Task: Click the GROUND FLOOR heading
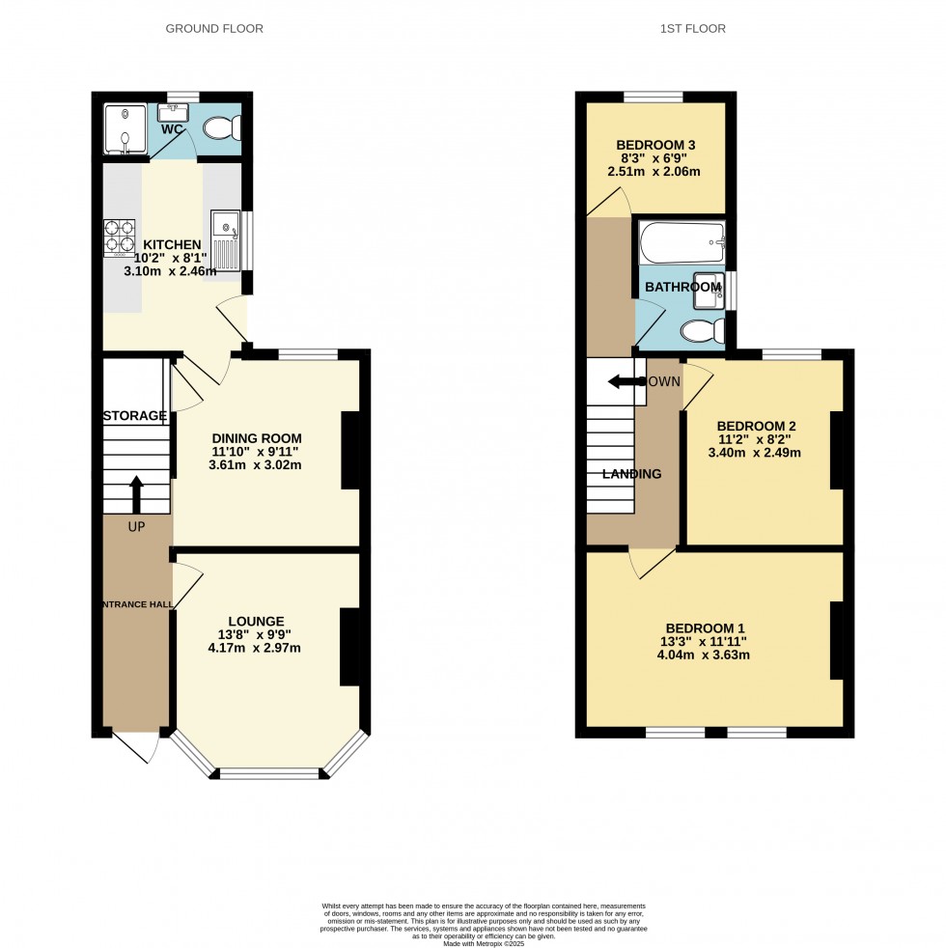[x=214, y=29]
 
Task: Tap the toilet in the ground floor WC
[x=222, y=128]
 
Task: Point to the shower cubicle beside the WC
[x=123, y=130]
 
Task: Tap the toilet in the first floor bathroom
[x=703, y=331]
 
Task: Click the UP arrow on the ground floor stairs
[x=135, y=493]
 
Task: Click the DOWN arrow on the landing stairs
[x=625, y=382]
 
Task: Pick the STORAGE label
[x=135, y=416]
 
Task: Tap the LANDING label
[x=632, y=474]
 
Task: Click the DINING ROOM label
[x=257, y=437]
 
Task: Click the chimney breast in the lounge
[x=349, y=646]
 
